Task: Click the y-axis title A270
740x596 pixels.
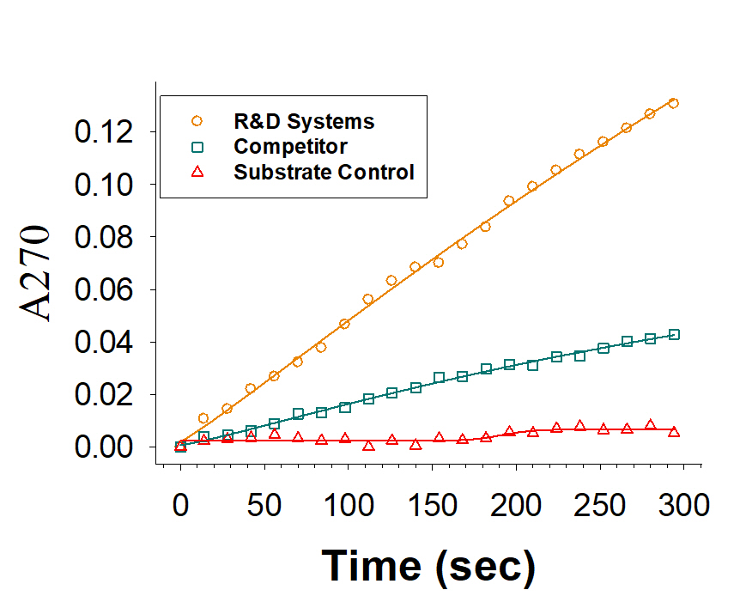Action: pyautogui.click(x=39, y=273)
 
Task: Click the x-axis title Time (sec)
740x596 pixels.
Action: pyautogui.click(x=428, y=566)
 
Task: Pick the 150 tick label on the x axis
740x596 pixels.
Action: pyautogui.click(x=348, y=504)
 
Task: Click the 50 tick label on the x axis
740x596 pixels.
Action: pyautogui.click(x=264, y=504)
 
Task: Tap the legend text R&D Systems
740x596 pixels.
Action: pyautogui.click(x=304, y=121)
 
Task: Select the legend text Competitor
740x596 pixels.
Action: pyautogui.click(x=290, y=146)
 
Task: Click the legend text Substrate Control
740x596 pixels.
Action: pyautogui.click(x=324, y=172)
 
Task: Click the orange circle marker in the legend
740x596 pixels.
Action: pyautogui.click(x=197, y=120)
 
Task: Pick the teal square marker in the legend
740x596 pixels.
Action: pyautogui.click(x=197, y=146)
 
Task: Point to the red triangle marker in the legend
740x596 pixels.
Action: pyautogui.click(x=197, y=172)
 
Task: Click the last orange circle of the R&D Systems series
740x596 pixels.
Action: pyautogui.click(x=673, y=103)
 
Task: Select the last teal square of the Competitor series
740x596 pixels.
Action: pyautogui.click(x=674, y=335)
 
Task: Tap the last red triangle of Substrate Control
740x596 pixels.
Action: pyautogui.click(x=674, y=431)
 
